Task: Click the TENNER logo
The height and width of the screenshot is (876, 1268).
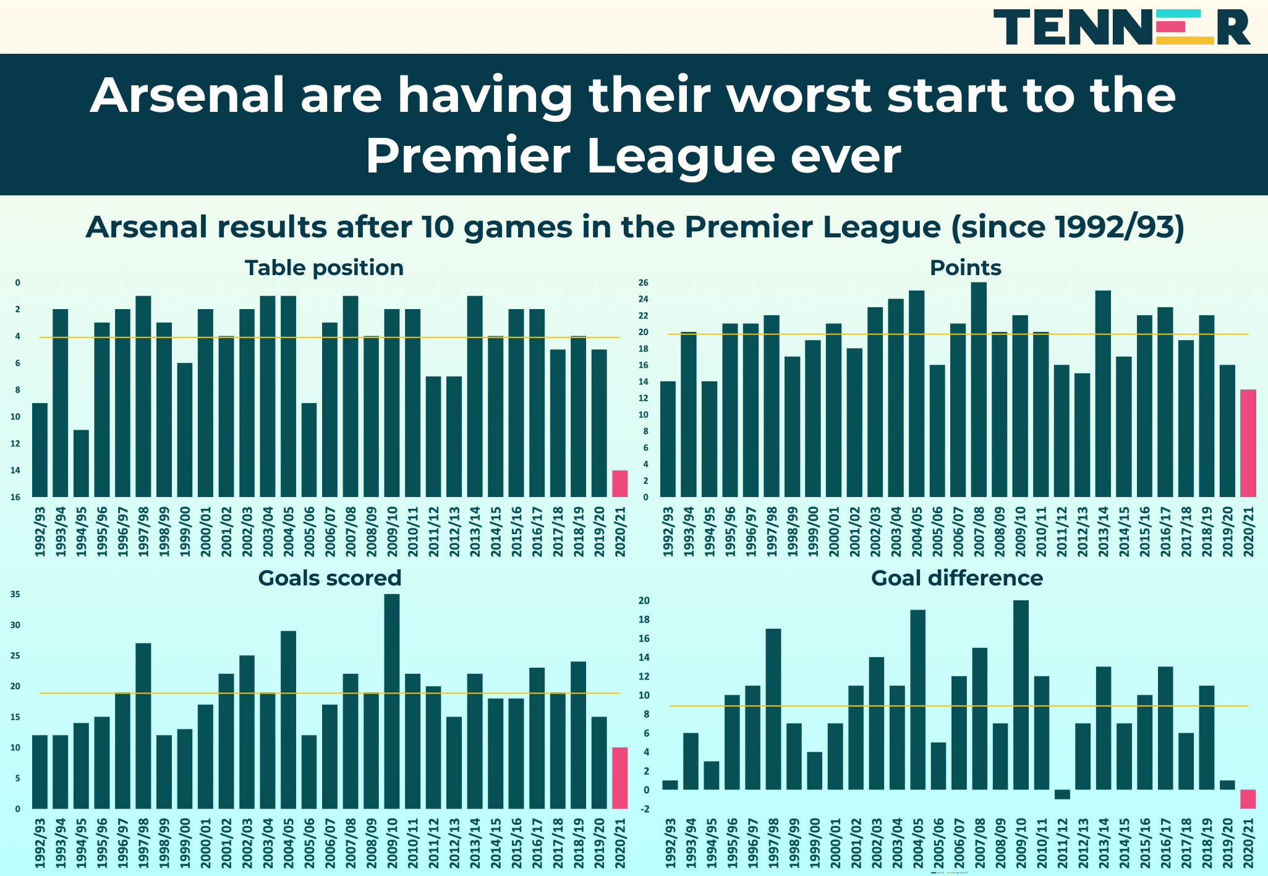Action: pyautogui.click(x=1121, y=27)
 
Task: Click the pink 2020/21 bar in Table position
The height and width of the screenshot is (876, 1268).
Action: pyautogui.click(x=619, y=483)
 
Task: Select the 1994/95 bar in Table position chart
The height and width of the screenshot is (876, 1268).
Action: pyautogui.click(x=81, y=463)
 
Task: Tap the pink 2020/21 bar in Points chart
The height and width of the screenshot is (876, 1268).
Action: pyautogui.click(x=1248, y=443)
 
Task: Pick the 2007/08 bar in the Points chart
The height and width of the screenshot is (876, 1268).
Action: pyautogui.click(x=979, y=389)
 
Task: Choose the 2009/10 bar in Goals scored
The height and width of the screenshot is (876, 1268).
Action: pyautogui.click(x=391, y=701)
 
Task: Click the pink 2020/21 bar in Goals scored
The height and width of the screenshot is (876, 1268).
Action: pyautogui.click(x=619, y=778)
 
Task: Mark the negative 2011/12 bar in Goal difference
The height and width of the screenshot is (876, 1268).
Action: pyautogui.click(x=1062, y=794)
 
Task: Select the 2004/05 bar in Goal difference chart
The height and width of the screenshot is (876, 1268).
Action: pyautogui.click(x=917, y=700)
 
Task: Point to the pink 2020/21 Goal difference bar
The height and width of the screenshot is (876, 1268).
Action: pyautogui.click(x=1248, y=799)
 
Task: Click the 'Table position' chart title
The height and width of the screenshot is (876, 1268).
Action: pyautogui.click(x=324, y=268)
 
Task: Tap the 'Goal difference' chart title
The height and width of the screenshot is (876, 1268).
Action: pyautogui.click(x=956, y=578)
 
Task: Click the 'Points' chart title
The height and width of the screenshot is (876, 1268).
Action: pyautogui.click(x=965, y=268)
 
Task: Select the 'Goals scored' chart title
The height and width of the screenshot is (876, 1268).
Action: pyautogui.click(x=330, y=578)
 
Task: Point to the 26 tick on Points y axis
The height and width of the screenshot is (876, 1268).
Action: pyautogui.click(x=644, y=283)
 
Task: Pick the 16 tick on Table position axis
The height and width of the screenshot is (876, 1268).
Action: pyautogui.click(x=15, y=497)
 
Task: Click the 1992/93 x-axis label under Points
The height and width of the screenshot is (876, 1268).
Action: pyautogui.click(x=668, y=531)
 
